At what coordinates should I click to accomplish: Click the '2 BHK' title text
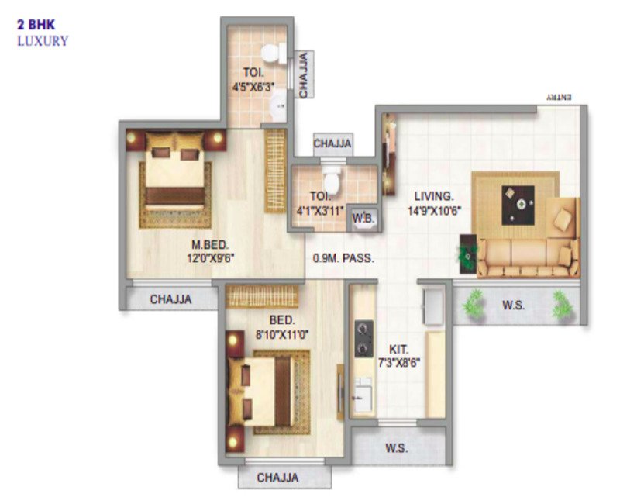[x=36, y=25]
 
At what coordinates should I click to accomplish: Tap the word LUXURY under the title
[x=43, y=41]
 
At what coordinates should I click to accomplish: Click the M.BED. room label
[x=210, y=245]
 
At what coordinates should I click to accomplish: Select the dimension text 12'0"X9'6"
[x=211, y=258]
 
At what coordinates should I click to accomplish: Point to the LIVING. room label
[x=434, y=196]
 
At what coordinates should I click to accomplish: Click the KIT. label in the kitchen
[x=398, y=350]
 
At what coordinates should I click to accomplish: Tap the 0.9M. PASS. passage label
[x=343, y=258]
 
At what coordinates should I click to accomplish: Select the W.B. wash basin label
[x=363, y=219]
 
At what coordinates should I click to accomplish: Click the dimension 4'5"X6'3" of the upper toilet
[x=253, y=87]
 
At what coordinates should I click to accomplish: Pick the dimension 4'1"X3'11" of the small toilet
[x=320, y=210]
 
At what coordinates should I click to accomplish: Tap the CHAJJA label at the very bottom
[x=277, y=478]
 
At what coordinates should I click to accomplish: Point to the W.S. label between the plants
[x=513, y=305]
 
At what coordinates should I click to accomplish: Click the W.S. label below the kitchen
[x=396, y=448]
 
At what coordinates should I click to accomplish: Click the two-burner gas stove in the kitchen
[x=363, y=339]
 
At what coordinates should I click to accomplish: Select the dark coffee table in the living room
[x=518, y=205]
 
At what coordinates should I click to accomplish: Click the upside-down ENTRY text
[x=559, y=98]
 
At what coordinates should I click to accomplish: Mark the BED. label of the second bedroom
[x=282, y=320]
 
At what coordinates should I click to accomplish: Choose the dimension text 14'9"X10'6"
[x=435, y=211]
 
